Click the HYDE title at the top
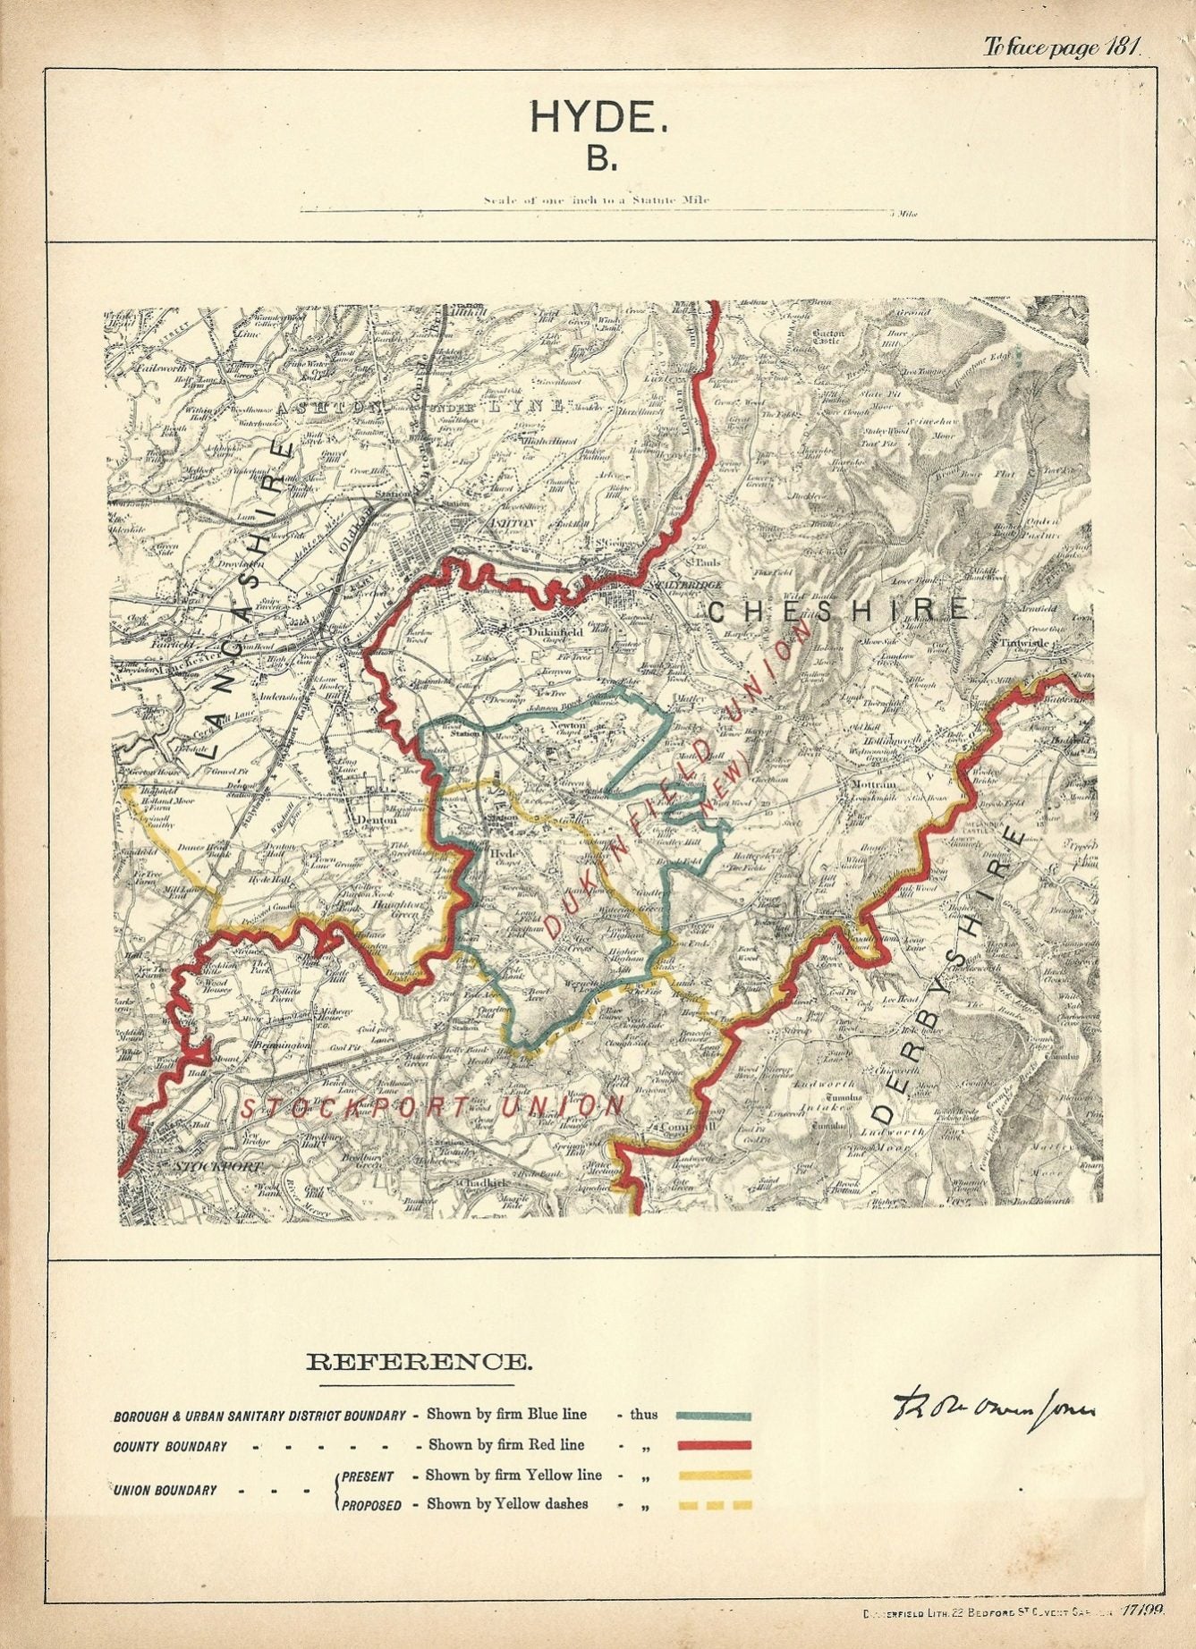point(598,117)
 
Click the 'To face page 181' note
point(1062,47)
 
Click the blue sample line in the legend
point(713,1416)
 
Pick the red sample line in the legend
point(713,1445)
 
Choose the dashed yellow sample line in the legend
point(713,1505)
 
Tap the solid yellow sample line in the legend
point(713,1476)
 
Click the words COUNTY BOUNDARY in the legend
point(170,1446)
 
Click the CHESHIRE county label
point(839,611)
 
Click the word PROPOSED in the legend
point(371,1506)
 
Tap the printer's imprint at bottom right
point(1011,1610)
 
